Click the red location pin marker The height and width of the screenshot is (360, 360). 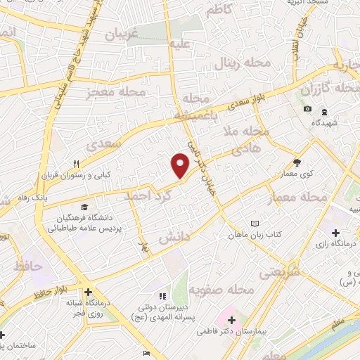coord(181,165)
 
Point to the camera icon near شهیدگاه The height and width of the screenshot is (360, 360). coord(308,109)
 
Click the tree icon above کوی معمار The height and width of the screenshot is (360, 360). coord(297,162)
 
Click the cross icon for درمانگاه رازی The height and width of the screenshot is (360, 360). coord(335,233)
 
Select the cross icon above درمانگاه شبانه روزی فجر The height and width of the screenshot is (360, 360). coord(87,292)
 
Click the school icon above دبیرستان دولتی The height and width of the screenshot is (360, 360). coord(162,296)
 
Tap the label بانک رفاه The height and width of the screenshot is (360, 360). coord(32,198)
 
